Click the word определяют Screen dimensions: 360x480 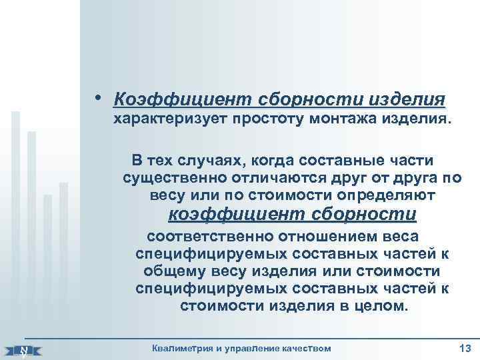click(x=389, y=195)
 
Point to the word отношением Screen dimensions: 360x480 click(x=333, y=237)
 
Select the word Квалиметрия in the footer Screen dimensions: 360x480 click(x=183, y=348)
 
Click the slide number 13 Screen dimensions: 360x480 click(x=465, y=347)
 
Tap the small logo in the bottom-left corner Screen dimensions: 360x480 click(x=23, y=349)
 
